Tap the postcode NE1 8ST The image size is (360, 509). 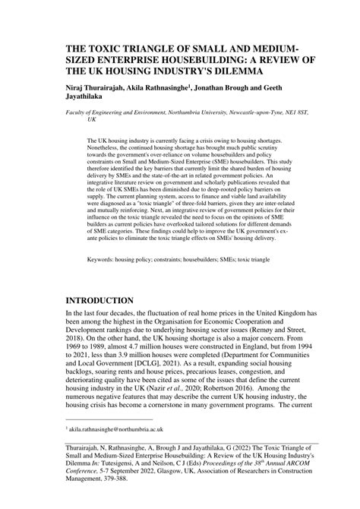click(298, 112)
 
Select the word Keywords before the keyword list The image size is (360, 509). click(106, 238)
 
